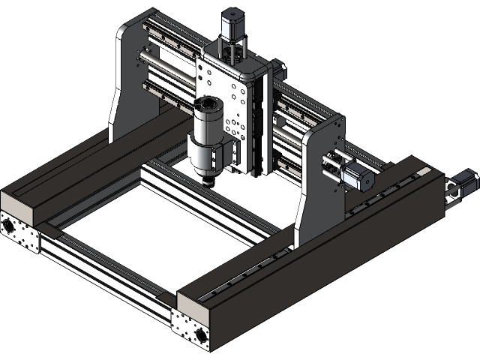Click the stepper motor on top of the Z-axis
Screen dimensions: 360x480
233,25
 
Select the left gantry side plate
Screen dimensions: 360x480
124,82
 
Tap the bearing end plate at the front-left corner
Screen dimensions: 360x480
19,231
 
